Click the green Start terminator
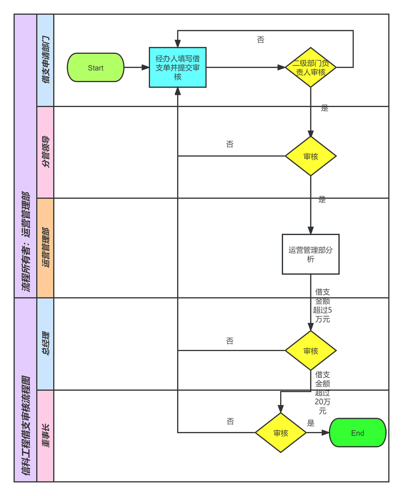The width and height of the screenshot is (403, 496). coord(96,68)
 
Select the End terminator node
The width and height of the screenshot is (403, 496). coord(357,433)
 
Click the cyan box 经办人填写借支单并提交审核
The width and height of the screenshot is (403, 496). coord(177,67)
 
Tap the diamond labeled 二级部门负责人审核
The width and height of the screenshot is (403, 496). coord(310,67)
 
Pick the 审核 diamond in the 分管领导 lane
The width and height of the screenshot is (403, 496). coord(310,156)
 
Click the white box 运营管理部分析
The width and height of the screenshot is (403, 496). coord(310,254)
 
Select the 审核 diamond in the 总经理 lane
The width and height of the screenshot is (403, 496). coord(310,351)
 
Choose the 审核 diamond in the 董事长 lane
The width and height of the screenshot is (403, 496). coord(281,433)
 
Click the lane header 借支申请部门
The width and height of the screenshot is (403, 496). coord(45,60)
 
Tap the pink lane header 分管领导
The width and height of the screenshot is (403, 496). coord(45,152)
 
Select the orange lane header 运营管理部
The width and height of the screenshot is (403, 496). coord(45,248)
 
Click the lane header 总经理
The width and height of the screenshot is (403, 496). coord(45,344)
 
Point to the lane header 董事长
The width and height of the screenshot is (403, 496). coord(45,436)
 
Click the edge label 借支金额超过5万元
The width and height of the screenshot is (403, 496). coord(322,305)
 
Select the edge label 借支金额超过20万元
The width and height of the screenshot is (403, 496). coord(322,393)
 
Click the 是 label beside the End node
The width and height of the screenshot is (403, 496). coord(311,423)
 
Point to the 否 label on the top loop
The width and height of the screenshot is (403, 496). coord(260,40)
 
